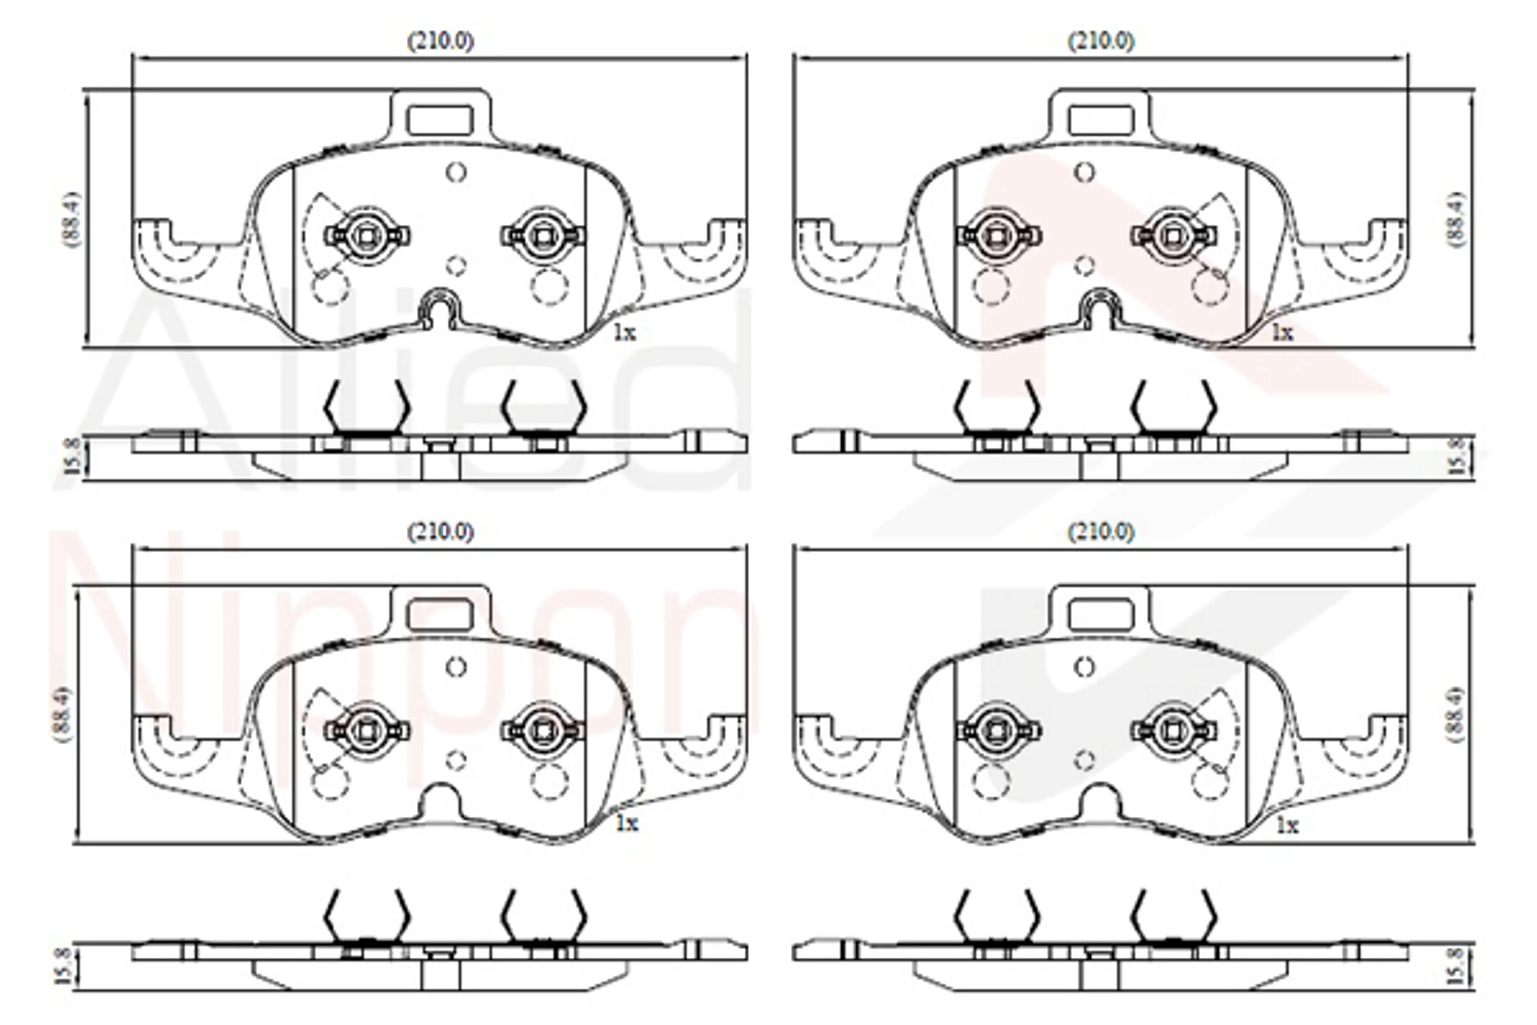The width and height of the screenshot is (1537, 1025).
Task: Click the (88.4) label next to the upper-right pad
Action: [x=1458, y=220]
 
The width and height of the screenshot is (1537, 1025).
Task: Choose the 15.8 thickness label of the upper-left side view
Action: [x=72, y=456]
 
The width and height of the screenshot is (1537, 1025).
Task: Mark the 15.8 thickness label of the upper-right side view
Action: [x=1458, y=456]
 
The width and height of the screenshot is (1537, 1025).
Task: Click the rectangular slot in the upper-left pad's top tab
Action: [x=440, y=120]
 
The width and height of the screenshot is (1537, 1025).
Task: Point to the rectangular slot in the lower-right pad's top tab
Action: [x=1101, y=615]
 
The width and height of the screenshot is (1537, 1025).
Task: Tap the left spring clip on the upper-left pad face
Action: [x=367, y=235]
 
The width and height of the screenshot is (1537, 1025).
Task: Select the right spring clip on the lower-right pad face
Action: [x=1174, y=730]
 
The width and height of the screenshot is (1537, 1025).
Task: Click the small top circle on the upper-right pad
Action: [x=1085, y=173]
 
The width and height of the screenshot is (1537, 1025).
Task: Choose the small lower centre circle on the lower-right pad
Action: [x=1085, y=760]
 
